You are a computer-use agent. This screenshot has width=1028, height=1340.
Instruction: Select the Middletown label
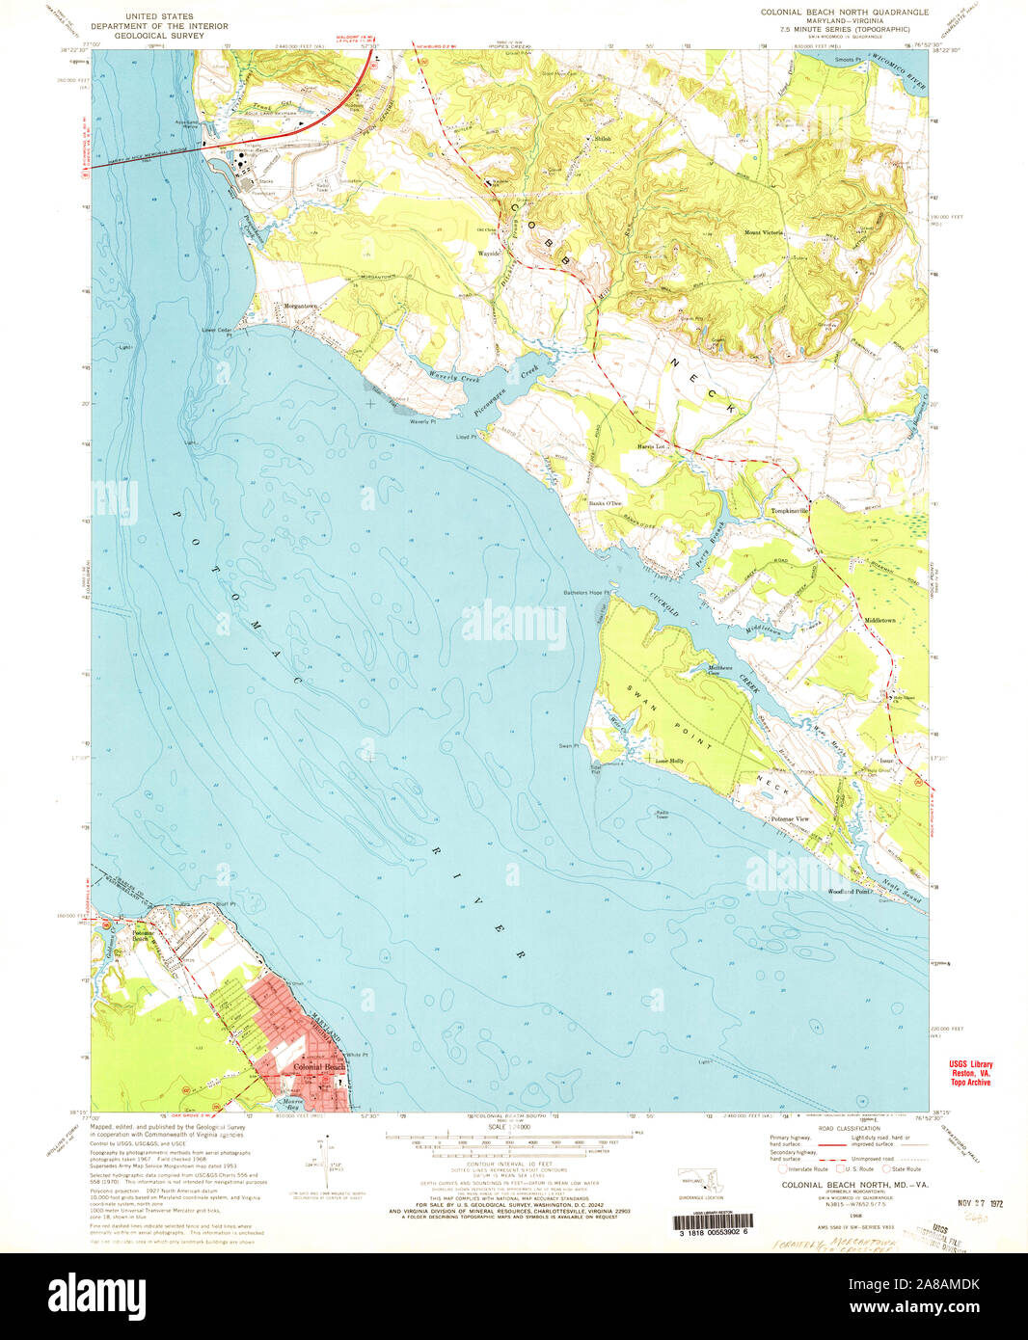(880, 620)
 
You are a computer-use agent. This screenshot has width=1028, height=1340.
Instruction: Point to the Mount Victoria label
(763, 232)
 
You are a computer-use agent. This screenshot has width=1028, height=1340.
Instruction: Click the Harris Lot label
(652, 446)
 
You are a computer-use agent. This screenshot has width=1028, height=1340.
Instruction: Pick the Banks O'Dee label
(607, 503)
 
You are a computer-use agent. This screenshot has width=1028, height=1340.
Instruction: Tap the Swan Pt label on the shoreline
(569, 745)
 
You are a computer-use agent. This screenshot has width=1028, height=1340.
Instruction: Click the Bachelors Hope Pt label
(587, 592)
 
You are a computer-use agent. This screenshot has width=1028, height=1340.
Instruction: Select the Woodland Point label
(849, 892)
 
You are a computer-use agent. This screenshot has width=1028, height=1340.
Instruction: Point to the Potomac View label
(790, 818)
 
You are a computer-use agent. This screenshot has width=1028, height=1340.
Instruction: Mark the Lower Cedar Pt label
(218, 330)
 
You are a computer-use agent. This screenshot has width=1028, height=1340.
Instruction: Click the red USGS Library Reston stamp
(968, 1073)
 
